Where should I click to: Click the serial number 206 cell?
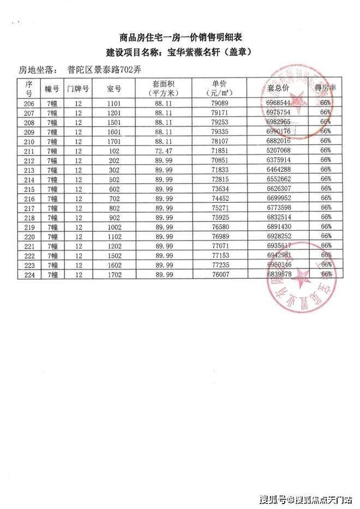point(29,103)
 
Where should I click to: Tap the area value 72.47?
point(163,149)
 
